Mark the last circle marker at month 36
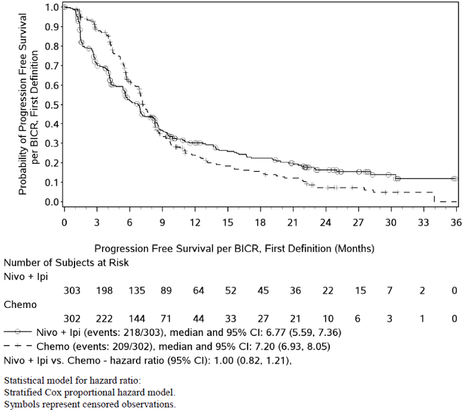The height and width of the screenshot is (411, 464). coord(454,179)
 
